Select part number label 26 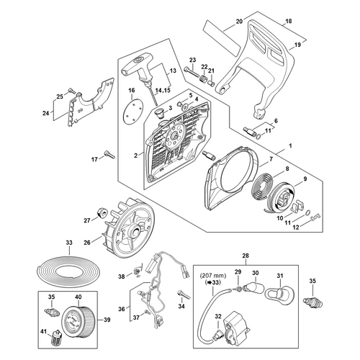click(x=87, y=243)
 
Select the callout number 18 click(x=289, y=21)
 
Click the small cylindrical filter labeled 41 click(x=56, y=338)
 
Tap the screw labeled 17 click(x=109, y=154)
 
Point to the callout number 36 click(x=122, y=309)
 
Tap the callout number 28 click(x=246, y=256)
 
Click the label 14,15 click(x=162, y=90)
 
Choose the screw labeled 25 click(x=71, y=91)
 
